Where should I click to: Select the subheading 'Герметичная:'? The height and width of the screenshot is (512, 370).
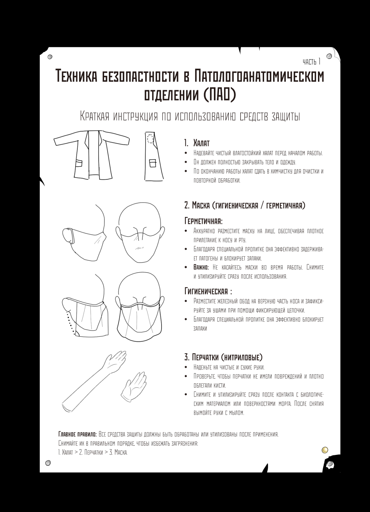click(203, 221)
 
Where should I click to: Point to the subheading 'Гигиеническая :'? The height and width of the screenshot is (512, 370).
click(208, 291)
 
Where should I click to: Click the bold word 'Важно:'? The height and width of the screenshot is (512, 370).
click(201, 267)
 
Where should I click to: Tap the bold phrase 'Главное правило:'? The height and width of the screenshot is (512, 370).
click(77, 434)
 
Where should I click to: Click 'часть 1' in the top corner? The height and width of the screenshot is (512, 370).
click(311, 61)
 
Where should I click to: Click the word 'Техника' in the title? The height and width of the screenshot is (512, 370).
click(76, 76)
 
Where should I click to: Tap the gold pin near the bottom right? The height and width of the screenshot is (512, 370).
click(325, 450)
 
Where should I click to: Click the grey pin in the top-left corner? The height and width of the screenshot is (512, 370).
click(50, 56)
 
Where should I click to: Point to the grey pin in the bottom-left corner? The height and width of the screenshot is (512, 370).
click(47, 463)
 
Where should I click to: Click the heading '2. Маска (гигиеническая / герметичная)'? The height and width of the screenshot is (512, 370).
click(245, 205)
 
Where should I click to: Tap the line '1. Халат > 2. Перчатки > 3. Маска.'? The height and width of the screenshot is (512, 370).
click(93, 452)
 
